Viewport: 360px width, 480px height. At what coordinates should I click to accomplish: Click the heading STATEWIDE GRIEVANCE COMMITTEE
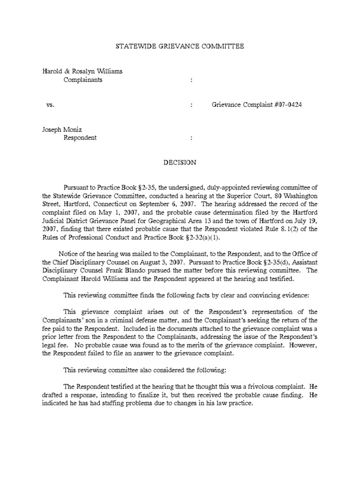pyautogui.click(x=180, y=46)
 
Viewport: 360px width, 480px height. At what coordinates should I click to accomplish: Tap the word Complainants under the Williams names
pyautogui.click(x=83, y=80)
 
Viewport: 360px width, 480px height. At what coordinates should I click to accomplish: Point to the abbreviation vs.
pyautogui.click(x=51, y=105)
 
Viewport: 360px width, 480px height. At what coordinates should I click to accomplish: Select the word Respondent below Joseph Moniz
pyautogui.click(x=80, y=138)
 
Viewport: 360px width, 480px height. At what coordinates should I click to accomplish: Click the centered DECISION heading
pyautogui.click(x=180, y=163)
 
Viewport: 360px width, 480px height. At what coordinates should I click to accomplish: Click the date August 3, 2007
pyautogui.click(x=161, y=262)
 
